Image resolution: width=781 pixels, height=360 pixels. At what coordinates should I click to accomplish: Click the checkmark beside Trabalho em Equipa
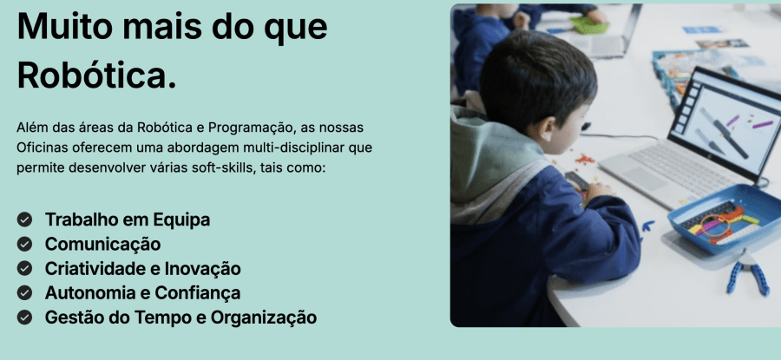coord(25,219)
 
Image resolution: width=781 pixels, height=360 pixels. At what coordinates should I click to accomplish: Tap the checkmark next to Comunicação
coord(25,244)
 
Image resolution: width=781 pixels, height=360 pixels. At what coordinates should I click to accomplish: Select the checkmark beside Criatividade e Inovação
coord(25,269)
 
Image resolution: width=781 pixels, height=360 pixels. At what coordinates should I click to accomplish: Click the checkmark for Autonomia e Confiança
coord(25,293)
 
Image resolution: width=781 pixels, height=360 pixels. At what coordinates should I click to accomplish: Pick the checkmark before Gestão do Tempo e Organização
coord(25,317)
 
